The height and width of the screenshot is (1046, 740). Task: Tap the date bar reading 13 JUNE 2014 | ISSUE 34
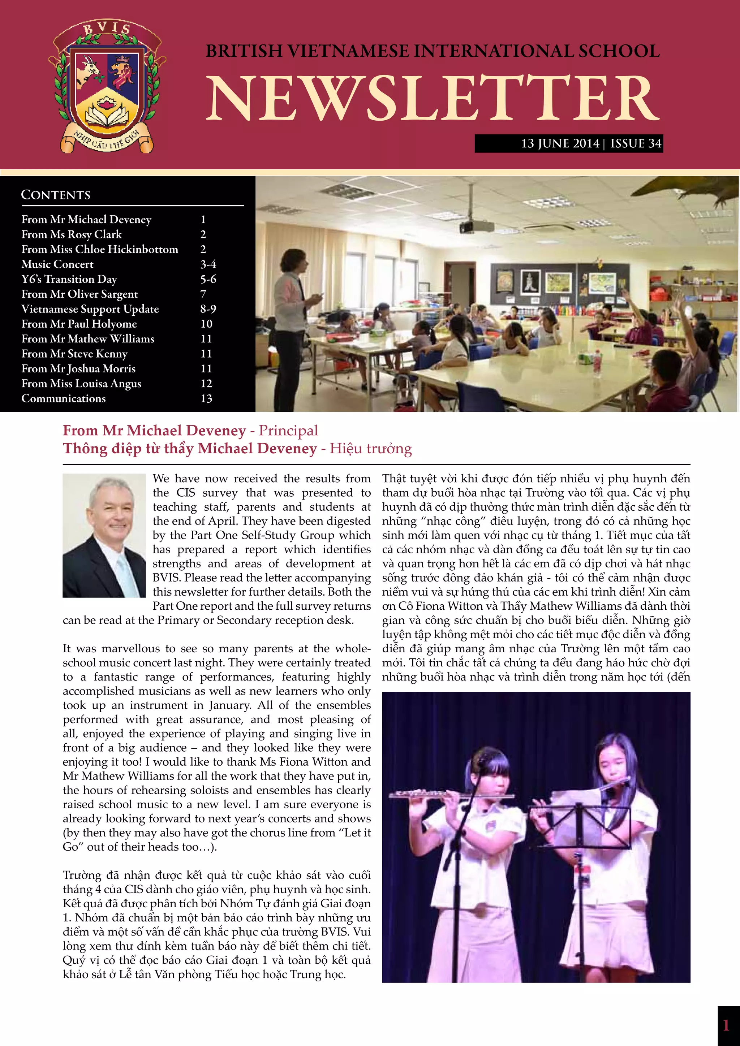pos(568,143)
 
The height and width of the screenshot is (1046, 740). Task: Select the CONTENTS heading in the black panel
pos(56,195)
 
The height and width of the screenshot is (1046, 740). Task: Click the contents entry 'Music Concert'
pos(57,264)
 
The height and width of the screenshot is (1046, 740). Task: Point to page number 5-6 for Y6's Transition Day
pos(208,279)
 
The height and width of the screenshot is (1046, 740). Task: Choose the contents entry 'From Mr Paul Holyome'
pos(79,324)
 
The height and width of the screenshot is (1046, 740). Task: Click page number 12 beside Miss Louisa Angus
pos(206,384)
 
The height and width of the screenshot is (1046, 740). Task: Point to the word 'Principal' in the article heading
pos(288,431)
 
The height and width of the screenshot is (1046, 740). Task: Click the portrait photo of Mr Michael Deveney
pos(104,535)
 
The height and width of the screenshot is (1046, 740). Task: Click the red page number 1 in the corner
pos(726,1025)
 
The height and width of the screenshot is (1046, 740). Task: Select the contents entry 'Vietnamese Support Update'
pos(90,309)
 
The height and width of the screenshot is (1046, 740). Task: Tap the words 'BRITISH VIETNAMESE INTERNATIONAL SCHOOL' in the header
pos(433,51)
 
